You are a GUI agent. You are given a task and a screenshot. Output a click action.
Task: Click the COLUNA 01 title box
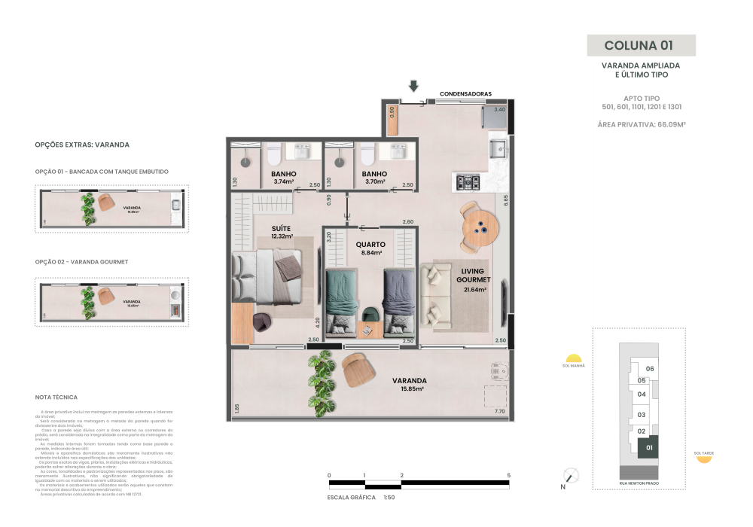coord(641,45)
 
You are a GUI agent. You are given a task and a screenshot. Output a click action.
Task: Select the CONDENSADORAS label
coord(465,94)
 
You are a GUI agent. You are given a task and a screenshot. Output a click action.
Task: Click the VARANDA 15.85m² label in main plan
coord(409,384)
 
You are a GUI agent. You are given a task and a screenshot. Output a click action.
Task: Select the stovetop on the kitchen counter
coord(468,181)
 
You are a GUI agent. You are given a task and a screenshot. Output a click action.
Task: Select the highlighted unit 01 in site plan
coord(647,447)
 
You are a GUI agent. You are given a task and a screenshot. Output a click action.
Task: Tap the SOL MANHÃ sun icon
coord(573,359)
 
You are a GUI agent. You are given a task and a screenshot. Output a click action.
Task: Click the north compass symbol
coord(571,475)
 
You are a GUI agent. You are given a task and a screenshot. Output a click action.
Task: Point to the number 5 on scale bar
coord(509,476)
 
